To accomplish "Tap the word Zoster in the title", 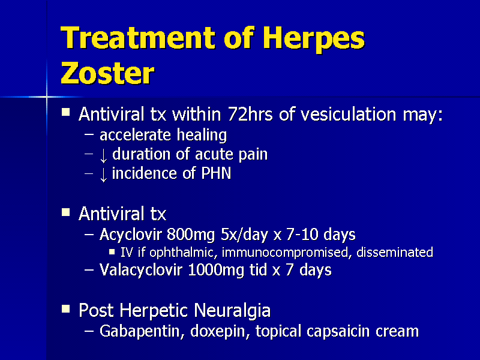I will tap(107, 74).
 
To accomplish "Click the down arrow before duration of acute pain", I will tap(103, 155).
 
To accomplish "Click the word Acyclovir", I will tap(131, 235).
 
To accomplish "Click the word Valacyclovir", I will tap(142, 271).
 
